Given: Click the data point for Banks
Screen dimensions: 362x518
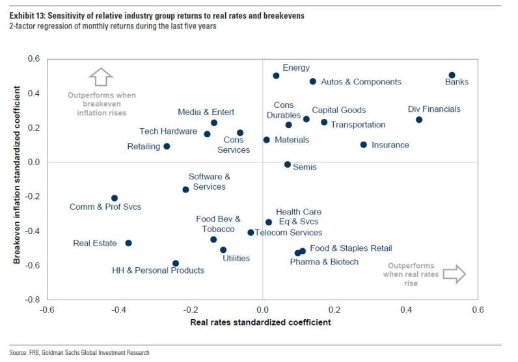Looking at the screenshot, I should [x=452, y=75].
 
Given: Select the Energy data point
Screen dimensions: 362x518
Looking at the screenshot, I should [x=276, y=75].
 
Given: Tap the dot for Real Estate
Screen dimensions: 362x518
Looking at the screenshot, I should [x=128, y=243].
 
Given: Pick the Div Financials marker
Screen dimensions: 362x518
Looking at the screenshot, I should [x=419, y=120].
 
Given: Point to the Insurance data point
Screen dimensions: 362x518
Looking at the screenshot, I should [x=363, y=145].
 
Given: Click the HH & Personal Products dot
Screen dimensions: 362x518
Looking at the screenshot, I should [x=176, y=263].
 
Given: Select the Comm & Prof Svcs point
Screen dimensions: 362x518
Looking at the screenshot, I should [x=115, y=198].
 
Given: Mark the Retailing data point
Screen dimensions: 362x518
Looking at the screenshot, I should [x=167, y=146].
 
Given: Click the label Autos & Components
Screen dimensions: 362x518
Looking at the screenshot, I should [x=361, y=82].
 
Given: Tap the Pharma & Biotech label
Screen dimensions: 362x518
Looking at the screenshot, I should [x=324, y=262].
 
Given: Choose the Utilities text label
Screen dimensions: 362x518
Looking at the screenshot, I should [x=236, y=259].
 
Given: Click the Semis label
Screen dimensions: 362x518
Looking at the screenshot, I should [x=305, y=167].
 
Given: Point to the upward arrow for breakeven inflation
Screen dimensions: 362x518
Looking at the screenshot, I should [x=101, y=77].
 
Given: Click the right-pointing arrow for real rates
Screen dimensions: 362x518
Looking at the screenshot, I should [x=455, y=274].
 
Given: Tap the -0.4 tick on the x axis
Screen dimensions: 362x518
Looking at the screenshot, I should [x=118, y=309].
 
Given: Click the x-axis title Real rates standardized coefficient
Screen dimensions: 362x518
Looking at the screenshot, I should [x=260, y=322].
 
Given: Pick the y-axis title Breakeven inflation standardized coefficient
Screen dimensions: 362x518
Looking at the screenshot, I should [x=18, y=179].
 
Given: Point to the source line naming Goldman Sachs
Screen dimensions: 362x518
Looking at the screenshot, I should [x=79, y=353].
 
